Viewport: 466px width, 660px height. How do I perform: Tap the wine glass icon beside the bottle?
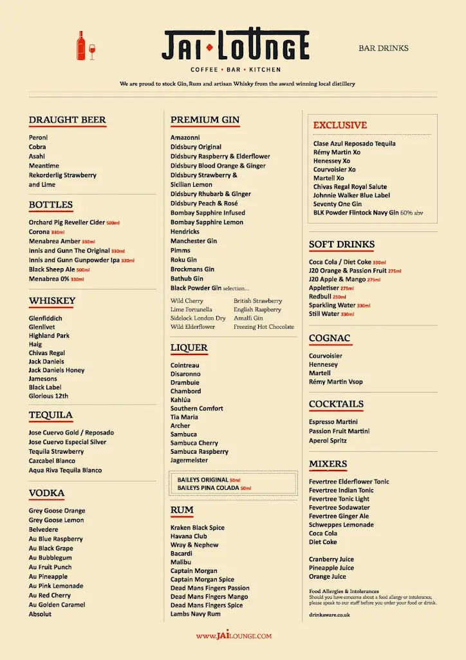(92, 52)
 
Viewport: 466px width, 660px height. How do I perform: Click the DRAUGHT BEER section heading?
(67, 120)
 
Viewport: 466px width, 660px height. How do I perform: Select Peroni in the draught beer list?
(39, 138)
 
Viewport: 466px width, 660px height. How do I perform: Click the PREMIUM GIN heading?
(205, 120)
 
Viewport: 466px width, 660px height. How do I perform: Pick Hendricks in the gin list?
(185, 231)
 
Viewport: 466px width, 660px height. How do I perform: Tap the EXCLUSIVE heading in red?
(340, 125)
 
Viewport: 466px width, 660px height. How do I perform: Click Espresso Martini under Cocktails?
(333, 422)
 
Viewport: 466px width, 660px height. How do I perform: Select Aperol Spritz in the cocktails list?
(328, 441)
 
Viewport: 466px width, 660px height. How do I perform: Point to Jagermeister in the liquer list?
(189, 460)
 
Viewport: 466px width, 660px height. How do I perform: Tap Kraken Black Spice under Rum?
(198, 528)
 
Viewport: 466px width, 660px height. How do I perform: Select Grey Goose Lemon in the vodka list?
(56, 520)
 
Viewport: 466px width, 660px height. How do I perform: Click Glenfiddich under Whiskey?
(45, 318)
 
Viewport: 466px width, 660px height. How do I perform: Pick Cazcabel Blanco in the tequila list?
(51, 461)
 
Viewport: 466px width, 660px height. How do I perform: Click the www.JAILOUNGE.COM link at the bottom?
(234, 636)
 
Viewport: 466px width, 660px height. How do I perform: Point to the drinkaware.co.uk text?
(330, 616)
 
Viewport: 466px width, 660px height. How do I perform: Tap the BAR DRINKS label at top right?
(384, 48)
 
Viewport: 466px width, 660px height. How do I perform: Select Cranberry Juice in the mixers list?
(331, 559)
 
